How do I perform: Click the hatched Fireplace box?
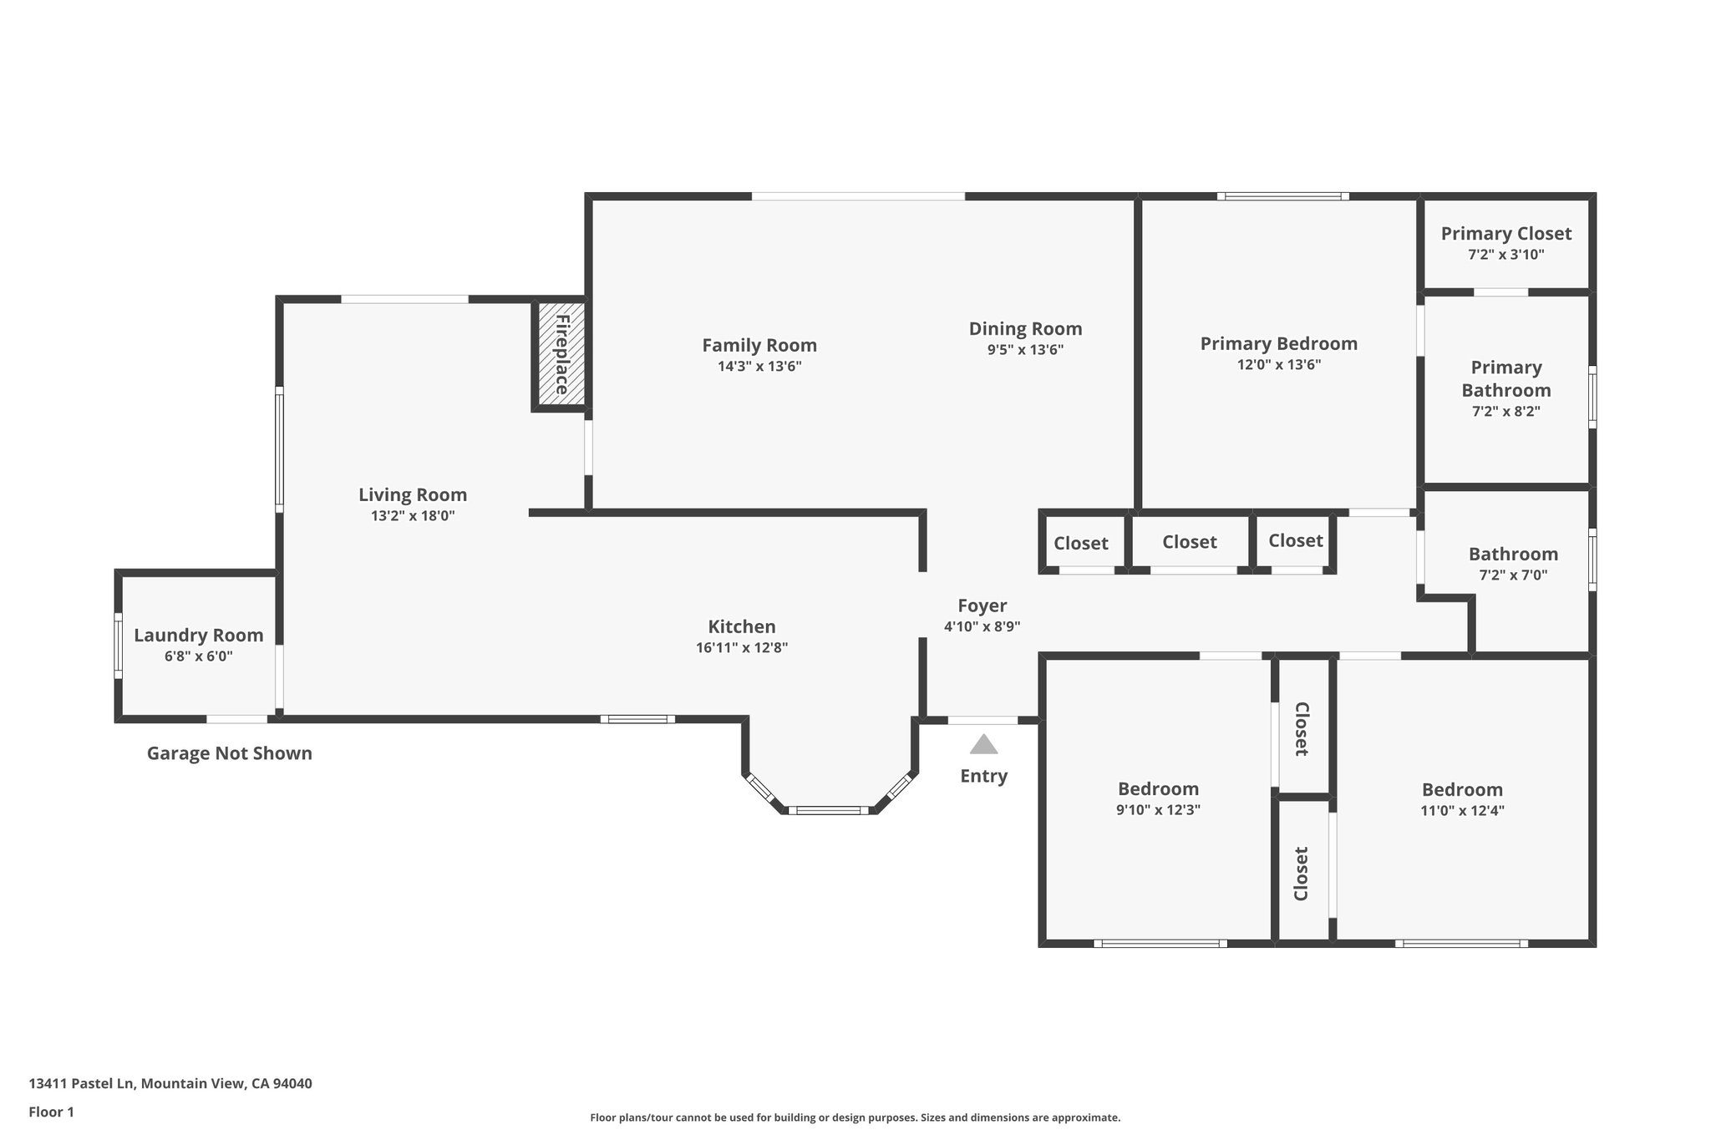click(560, 355)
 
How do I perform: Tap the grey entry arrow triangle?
click(983, 744)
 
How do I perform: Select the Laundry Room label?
click(199, 635)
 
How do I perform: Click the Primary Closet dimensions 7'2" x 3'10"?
click(1505, 255)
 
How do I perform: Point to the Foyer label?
click(982, 605)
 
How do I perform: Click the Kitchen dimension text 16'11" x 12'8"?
click(741, 647)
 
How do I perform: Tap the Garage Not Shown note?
click(229, 753)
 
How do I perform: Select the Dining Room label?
click(1025, 328)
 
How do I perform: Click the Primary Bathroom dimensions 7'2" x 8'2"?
click(1505, 411)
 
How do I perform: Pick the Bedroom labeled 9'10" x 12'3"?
click(1158, 789)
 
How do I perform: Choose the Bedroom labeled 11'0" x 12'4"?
click(1462, 790)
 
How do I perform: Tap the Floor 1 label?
click(51, 1112)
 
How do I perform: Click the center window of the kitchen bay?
click(829, 809)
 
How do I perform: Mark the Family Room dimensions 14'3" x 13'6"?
click(759, 366)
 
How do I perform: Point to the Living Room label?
click(413, 494)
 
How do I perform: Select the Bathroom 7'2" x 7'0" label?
click(1513, 554)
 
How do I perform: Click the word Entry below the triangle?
click(983, 776)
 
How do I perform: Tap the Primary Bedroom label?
click(1278, 343)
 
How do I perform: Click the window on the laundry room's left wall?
click(119, 646)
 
